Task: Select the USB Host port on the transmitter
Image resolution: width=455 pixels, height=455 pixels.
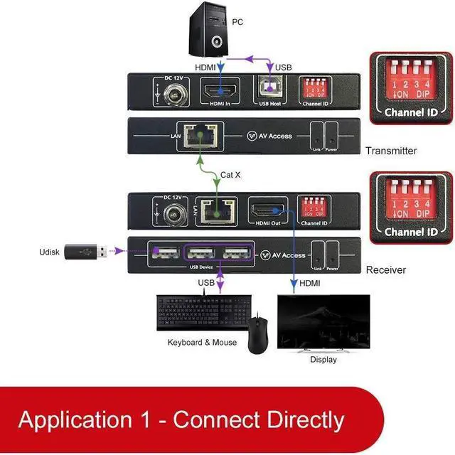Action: click(x=270, y=91)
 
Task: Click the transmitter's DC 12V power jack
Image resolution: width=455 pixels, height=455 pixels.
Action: click(x=173, y=93)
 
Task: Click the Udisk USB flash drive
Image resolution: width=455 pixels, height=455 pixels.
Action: click(x=86, y=252)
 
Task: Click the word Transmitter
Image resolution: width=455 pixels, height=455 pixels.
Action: click(x=391, y=151)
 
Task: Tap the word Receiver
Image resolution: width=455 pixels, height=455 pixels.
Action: click(x=385, y=270)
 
